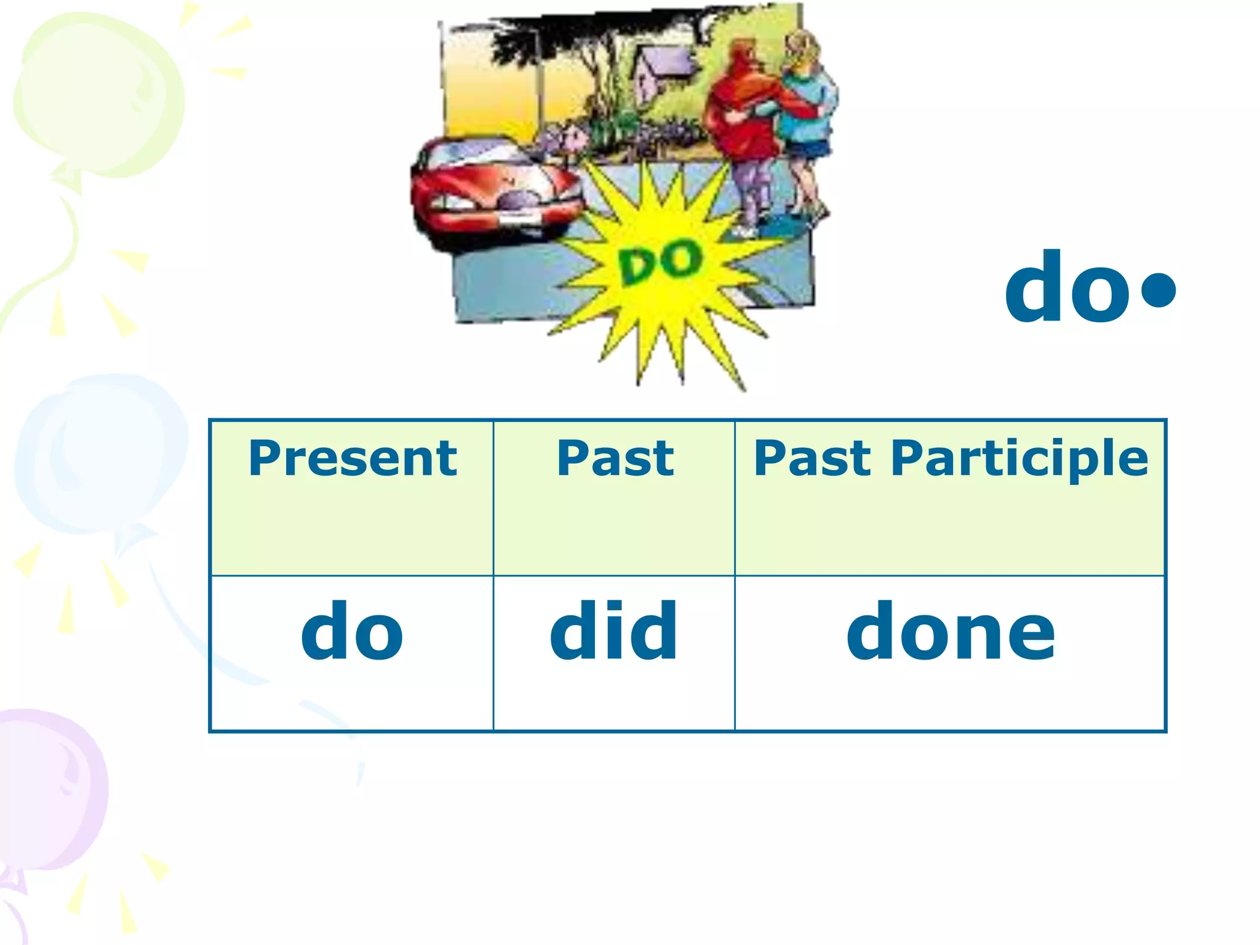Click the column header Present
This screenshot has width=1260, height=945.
[353, 459]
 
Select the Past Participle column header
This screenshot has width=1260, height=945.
[951, 459]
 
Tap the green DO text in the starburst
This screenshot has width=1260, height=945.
[660, 263]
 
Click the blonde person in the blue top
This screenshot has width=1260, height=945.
[806, 111]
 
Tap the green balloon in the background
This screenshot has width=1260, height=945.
[98, 92]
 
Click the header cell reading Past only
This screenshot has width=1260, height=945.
[615, 459]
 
